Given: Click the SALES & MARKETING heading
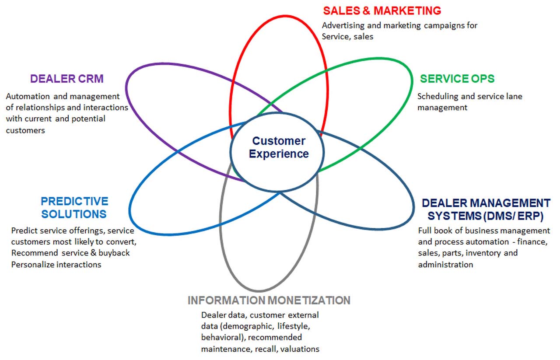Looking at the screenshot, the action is [382, 11].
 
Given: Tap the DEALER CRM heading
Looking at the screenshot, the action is [67, 79].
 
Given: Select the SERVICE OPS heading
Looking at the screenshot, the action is [457, 79].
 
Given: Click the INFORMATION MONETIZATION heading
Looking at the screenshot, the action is [269, 300].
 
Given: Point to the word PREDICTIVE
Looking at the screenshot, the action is [74, 201].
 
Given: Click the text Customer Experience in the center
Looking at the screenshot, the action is [279, 147].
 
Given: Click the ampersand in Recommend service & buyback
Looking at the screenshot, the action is [93, 253].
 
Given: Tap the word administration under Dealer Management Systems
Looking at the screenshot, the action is [445, 265].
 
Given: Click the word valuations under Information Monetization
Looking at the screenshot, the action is [300, 349].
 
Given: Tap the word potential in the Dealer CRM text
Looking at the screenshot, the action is [88, 119].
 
